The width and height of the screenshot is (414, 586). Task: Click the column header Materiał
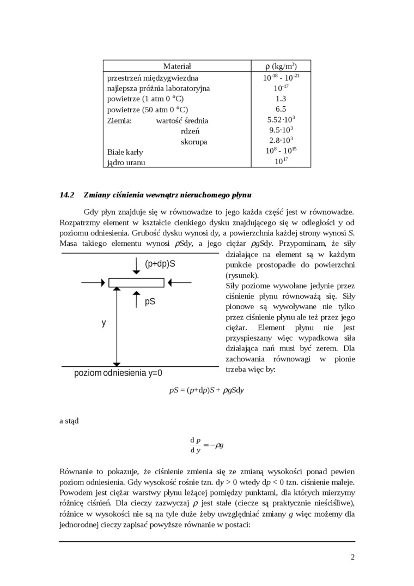click(177, 66)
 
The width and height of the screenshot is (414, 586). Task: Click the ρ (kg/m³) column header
click(281, 66)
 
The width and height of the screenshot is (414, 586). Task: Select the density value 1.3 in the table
click(281, 99)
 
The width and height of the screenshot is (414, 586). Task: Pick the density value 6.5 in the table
click(281, 109)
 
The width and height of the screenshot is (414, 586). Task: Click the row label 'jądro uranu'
click(126, 162)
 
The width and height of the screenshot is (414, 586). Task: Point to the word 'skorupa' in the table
click(194, 142)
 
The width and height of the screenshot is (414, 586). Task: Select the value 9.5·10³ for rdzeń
click(281, 130)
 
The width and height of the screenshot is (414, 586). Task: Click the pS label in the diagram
click(150, 301)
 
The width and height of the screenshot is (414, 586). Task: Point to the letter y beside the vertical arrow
click(104, 322)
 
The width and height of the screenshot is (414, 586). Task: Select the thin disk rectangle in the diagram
click(136, 282)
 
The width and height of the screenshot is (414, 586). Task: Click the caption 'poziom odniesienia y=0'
click(118, 373)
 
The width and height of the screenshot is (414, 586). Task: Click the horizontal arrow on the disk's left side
click(93, 282)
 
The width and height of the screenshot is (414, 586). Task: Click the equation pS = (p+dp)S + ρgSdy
click(206, 391)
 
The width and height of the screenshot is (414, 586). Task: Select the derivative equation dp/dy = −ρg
click(206, 445)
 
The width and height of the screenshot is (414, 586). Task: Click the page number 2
click(352, 557)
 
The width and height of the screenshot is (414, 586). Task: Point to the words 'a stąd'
click(69, 421)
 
